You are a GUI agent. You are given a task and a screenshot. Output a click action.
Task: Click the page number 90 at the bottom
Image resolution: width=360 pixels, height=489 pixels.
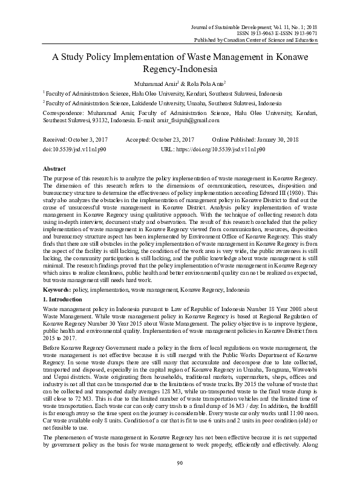click(180, 480)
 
